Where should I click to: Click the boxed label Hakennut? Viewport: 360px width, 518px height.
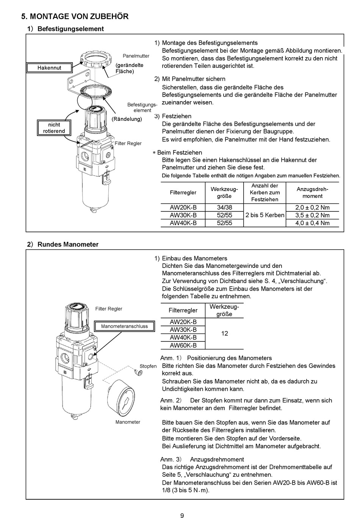[x=49, y=68]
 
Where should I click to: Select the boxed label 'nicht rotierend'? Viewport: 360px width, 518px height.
[x=54, y=128]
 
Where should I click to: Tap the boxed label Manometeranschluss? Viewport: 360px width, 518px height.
[x=124, y=326]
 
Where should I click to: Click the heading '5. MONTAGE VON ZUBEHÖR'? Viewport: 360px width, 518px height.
[x=75, y=16]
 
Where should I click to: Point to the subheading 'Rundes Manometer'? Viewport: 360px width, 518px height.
[x=68, y=244]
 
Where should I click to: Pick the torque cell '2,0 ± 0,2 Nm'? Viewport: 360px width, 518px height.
[x=312, y=208]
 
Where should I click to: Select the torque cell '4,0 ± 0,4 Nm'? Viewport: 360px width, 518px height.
[x=312, y=223]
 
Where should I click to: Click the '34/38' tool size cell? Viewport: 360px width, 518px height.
[x=224, y=208]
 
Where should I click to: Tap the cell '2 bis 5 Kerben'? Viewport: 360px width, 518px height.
[x=265, y=215]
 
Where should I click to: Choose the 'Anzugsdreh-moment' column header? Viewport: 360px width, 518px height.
[x=312, y=192]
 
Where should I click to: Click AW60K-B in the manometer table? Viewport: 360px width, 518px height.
[x=183, y=345]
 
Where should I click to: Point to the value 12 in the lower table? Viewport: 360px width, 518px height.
[x=224, y=333]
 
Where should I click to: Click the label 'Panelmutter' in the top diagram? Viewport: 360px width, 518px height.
[x=136, y=56]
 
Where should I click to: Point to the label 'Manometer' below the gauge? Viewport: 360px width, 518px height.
[x=128, y=422]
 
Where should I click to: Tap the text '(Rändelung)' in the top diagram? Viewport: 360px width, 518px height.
[x=127, y=119]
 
